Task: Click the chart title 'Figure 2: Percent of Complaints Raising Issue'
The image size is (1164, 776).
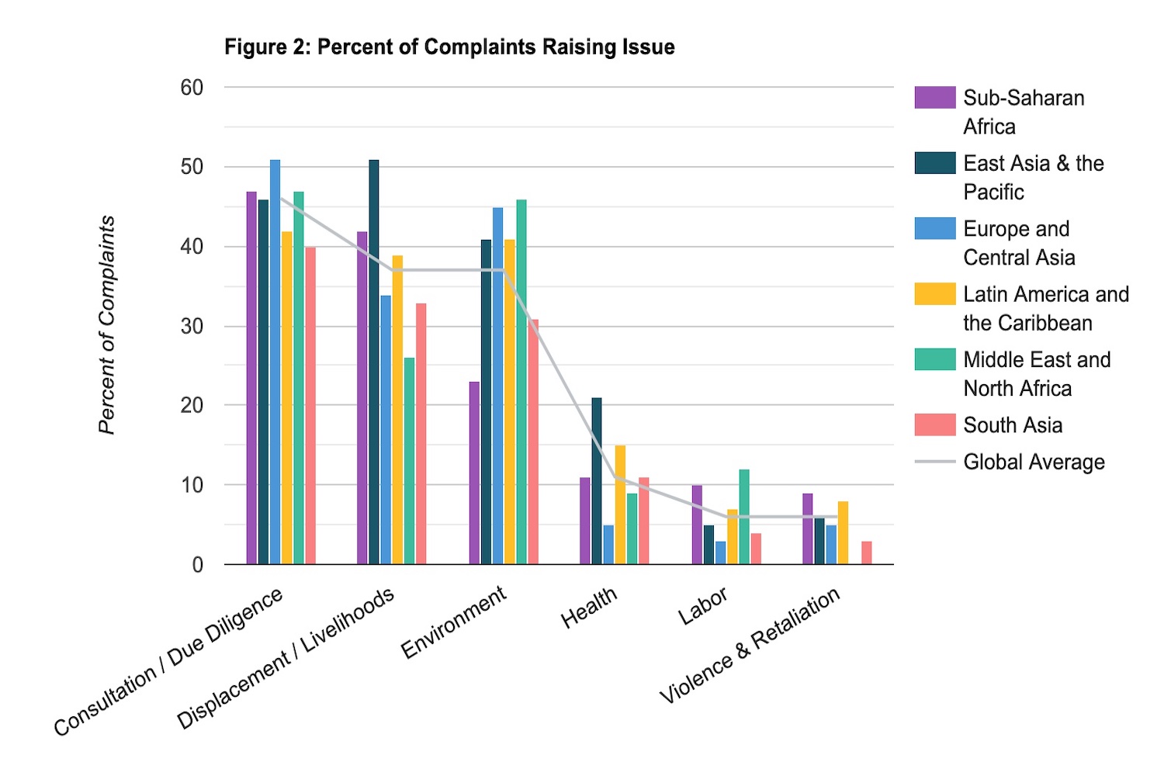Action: coord(449,47)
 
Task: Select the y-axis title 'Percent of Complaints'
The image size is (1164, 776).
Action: coord(107,325)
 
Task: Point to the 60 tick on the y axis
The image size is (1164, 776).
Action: coord(192,88)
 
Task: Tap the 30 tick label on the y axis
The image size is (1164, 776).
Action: coord(192,326)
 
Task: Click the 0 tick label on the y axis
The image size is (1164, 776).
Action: coord(198,565)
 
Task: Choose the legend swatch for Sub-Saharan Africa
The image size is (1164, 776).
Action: coord(934,98)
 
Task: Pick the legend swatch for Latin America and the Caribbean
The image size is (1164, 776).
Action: coord(934,294)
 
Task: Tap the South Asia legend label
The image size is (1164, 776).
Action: coord(1013,425)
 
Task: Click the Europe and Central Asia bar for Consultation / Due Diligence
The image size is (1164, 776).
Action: coord(275,362)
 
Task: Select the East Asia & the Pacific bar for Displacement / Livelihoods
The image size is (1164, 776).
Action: coord(374,362)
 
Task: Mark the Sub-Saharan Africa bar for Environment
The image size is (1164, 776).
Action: coord(474,473)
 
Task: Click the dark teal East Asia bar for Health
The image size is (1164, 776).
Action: coord(597,481)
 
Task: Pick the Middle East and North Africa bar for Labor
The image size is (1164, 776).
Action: coord(744,517)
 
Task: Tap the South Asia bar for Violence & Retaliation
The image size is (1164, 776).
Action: coord(867,553)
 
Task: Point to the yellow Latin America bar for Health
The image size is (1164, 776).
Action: coord(620,505)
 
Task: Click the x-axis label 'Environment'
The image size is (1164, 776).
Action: coord(454,622)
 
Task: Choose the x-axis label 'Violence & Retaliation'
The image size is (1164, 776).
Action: coord(750,646)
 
